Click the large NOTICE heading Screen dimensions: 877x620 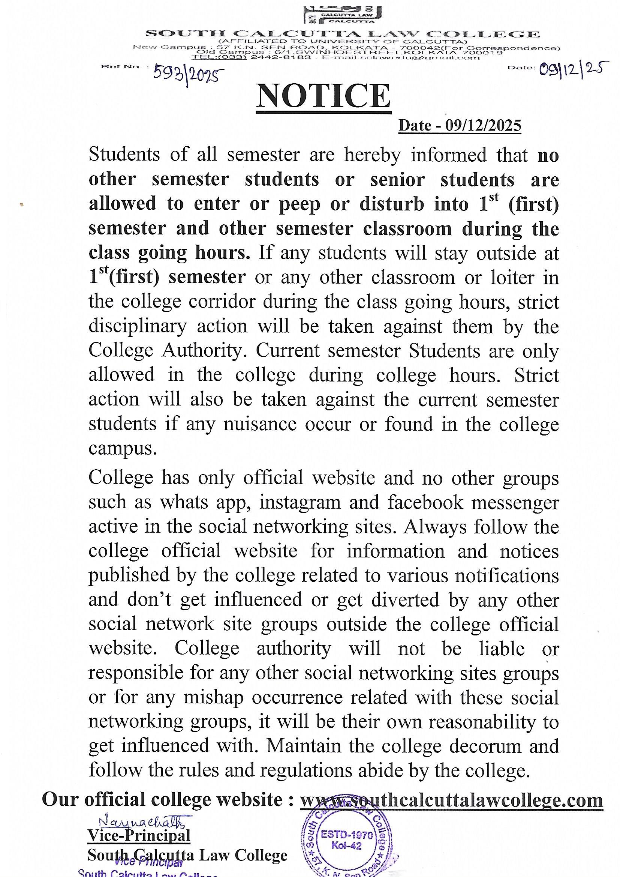pyautogui.click(x=324, y=96)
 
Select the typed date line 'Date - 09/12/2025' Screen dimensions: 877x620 pyautogui.click(x=460, y=125)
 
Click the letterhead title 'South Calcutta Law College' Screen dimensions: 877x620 pyautogui.click(x=343, y=34)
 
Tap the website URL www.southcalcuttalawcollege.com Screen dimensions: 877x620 pyautogui.click(x=451, y=799)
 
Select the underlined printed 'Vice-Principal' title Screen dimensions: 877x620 pyautogui.click(x=139, y=835)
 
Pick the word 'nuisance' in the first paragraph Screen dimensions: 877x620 pyautogui.click(x=260, y=424)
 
